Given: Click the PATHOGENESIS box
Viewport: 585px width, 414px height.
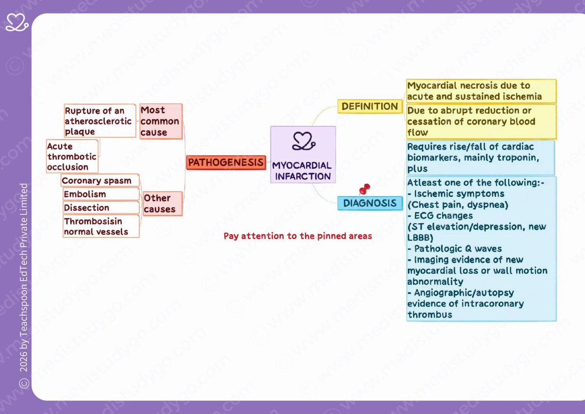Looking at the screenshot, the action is tap(226, 162).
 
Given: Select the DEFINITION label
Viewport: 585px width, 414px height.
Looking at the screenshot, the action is tap(370, 106).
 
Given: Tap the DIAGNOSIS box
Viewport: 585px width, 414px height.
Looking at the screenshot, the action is tap(370, 203).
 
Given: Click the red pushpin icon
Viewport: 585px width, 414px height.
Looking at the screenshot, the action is tap(365, 189).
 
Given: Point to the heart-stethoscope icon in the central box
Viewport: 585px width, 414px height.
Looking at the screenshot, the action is tap(304, 141).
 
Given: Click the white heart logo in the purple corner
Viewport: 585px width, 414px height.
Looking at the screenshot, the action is tap(17, 22).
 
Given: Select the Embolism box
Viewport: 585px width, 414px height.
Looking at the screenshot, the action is tap(101, 194).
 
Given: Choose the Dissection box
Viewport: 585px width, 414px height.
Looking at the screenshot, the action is tap(101, 208).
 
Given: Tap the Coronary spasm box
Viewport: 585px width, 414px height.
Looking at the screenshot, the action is tap(100, 180).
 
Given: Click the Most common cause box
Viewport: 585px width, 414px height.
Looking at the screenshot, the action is tap(161, 121).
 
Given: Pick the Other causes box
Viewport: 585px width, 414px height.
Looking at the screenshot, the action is tap(162, 204).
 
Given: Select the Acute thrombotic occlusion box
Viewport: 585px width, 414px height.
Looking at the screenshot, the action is tap(72, 157).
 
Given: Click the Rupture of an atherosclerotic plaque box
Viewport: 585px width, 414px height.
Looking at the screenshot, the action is tap(100, 121).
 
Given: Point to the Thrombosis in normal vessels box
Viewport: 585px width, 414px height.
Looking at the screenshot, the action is tap(101, 226).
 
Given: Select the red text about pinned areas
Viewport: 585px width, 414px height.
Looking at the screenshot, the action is tap(298, 236).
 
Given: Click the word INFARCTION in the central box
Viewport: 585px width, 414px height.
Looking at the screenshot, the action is tap(303, 177).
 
